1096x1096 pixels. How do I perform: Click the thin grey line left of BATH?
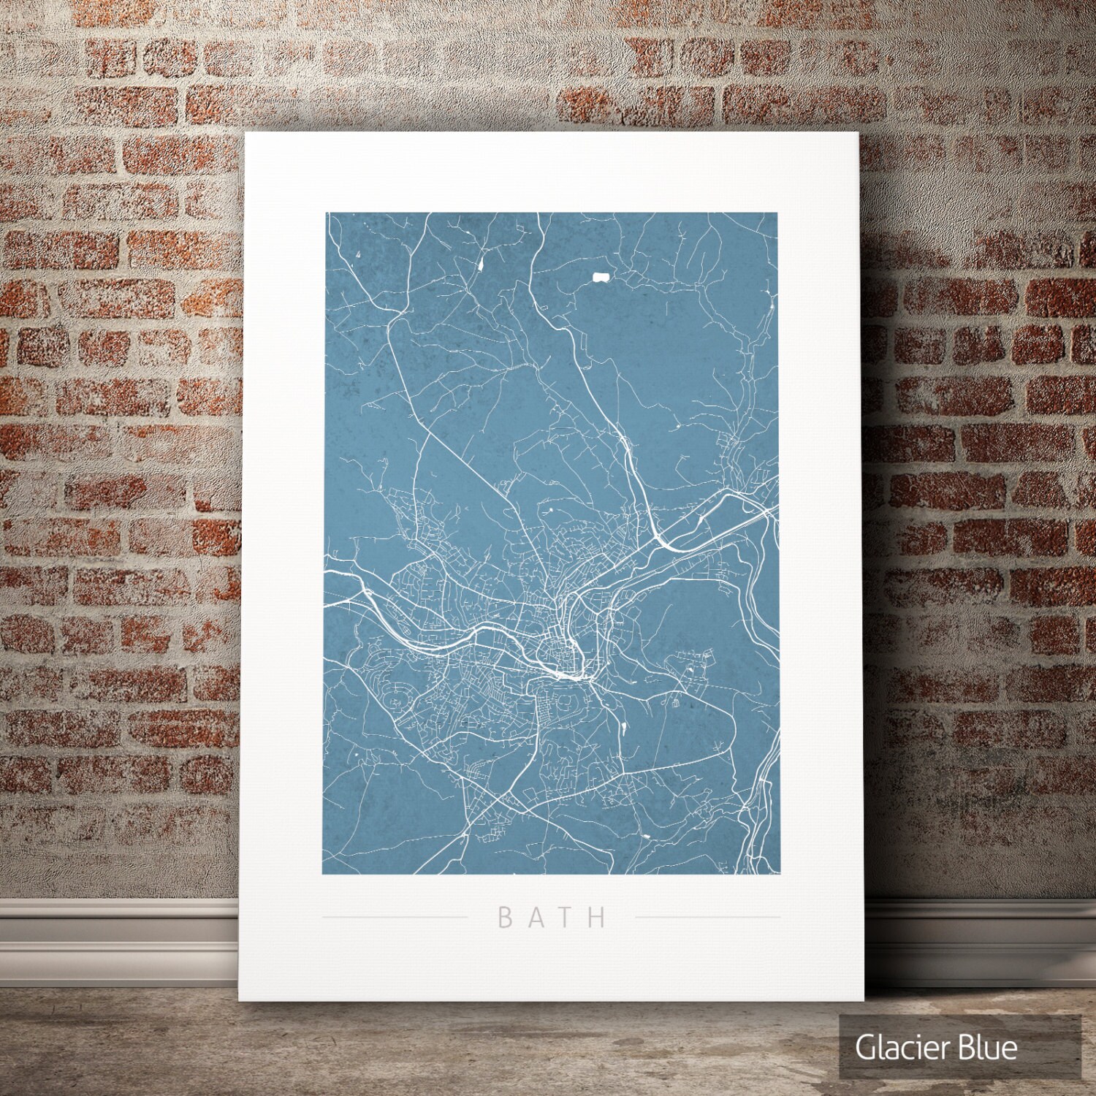tap(395, 916)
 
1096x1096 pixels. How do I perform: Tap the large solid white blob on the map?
tap(601, 277)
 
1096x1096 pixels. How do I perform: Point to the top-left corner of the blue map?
tap(326, 213)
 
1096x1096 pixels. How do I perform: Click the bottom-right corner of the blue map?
tap(777, 874)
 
